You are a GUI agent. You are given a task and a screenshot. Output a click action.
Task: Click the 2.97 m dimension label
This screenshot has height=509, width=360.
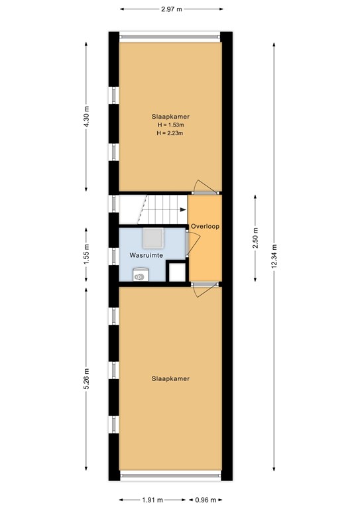click(x=170, y=9)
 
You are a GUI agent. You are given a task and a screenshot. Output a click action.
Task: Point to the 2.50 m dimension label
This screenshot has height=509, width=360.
click(x=256, y=237)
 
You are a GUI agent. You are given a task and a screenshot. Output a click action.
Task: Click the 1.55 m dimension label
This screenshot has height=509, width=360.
click(x=88, y=255)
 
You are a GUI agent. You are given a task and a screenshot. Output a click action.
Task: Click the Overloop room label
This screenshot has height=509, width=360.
click(x=205, y=226)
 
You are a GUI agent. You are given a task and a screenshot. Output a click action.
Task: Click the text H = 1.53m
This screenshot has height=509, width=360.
click(x=170, y=125)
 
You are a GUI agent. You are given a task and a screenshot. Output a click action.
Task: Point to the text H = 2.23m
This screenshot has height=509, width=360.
click(x=170, y=133)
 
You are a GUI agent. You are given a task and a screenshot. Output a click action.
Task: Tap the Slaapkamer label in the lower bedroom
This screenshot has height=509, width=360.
click(x=171, y=379)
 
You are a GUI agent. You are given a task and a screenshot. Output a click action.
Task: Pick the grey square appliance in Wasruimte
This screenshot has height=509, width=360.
click(x=155, y=237)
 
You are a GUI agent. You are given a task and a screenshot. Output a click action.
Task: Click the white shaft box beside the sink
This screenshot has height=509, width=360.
click(x=176, y=272)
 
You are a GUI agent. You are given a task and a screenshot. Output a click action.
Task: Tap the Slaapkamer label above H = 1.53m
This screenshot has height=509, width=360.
click(x=170, y=116)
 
